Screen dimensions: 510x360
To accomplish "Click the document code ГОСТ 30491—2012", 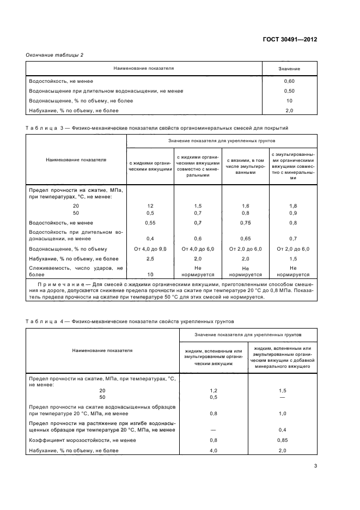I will tap(290, 40).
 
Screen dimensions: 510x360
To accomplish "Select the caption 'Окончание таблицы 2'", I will tap(54, 55).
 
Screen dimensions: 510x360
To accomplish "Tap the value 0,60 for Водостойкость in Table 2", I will tap(289, 81).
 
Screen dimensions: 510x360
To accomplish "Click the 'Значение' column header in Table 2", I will tap(289, 69).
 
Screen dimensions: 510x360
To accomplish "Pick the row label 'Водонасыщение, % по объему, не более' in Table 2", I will tap(81, 101).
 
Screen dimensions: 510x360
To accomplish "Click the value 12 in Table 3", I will tap(150, 205).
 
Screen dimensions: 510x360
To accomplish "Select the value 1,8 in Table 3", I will tap(293, 205).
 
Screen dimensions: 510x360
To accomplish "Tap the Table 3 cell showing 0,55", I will tap(150, 223).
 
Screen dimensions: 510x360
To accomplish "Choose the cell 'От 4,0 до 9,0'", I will tap(150, 249).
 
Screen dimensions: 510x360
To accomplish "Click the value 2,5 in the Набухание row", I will tap(150, 258).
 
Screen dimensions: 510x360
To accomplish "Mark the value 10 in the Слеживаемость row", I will tap(150, 275).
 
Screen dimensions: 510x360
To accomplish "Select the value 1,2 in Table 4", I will tap(213, 391).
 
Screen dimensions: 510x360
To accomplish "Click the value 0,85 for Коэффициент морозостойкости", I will tap(283, 440).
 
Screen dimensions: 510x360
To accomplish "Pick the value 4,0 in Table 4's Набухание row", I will tap(213, 451).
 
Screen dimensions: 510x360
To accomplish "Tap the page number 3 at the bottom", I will tap(316, 466).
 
